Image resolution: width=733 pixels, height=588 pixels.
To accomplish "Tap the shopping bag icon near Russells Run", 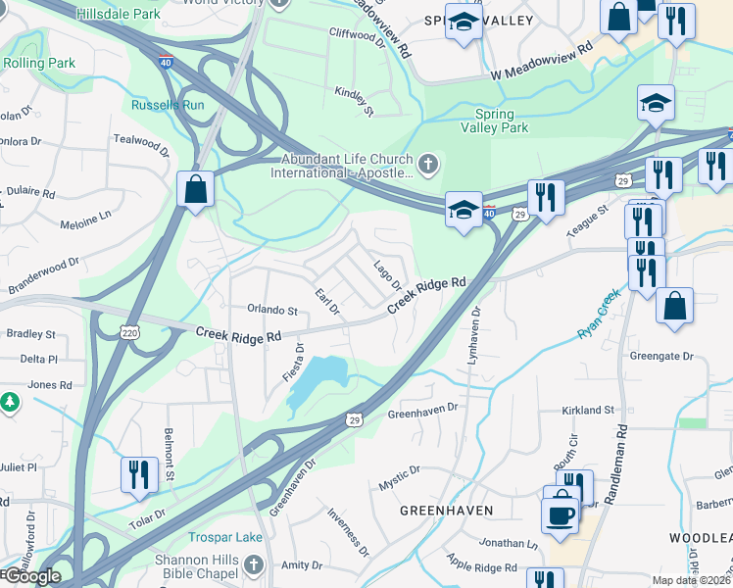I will click(196, 189).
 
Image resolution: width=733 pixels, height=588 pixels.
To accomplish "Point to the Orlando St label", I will click(271, 311).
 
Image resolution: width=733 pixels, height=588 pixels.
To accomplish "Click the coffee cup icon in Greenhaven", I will click(561, 514).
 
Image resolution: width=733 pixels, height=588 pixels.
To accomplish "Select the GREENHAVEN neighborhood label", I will click(446, 512).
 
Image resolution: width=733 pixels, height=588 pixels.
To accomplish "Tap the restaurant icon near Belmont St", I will click(139, 474).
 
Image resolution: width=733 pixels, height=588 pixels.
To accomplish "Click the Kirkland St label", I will click(588, 410).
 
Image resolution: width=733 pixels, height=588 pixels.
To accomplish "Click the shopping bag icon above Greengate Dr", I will click(675, 306).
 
